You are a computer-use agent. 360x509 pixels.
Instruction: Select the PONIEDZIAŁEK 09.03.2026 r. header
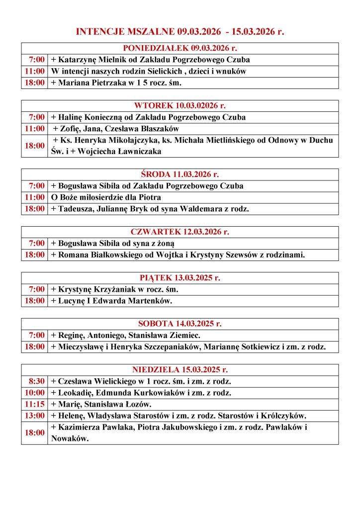tap(180, 48)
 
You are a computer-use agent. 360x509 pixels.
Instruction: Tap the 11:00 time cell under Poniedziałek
tap(34, 71)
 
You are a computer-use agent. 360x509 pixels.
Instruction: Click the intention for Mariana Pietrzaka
tap(116, 83)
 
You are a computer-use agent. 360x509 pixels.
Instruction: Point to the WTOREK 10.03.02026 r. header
tap(180, 105)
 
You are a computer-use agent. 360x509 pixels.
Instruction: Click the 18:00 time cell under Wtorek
tap(34, 146)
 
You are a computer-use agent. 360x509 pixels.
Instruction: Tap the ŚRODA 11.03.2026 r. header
tap(180, 174)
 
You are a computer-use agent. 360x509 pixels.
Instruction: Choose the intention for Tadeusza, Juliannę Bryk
tap(150, 209)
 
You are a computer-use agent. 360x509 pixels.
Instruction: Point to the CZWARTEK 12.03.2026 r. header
tap(180, 232)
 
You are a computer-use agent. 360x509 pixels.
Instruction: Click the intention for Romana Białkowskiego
tap(178, 255)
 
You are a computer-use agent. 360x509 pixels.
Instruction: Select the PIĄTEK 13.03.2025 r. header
tap(180, 278)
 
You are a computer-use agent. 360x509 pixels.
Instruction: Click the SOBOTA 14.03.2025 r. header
tap(180, 324)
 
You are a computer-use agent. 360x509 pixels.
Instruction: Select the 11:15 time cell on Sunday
tap(34, 404)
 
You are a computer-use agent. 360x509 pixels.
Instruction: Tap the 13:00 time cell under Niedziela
tap(34, 416)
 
